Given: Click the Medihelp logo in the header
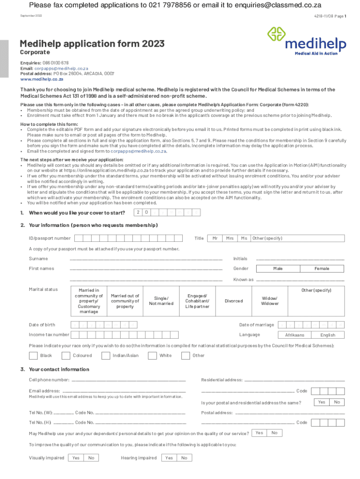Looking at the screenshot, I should tap(306, 41).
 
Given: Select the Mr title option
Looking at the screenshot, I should tap(215, 238).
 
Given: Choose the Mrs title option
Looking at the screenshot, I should tap(230, 238).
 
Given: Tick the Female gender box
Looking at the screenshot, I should tap(322, 269).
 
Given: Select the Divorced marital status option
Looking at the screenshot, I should tap(234, 301).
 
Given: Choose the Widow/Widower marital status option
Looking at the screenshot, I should tap(270, 301).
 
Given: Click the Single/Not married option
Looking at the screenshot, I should tap(161, 301).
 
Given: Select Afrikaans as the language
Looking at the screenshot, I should tap(295, 335).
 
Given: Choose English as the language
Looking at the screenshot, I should tap(328, 335).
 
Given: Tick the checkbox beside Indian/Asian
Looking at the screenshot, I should tap(106, 356).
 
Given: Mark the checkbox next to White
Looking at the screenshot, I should tap(152, 356).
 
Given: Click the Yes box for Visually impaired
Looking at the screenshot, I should tap(76, 458).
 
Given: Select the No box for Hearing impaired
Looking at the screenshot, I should tap(184, 458).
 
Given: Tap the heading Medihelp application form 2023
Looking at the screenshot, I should tap(92, 44).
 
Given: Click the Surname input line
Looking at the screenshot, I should tap(146, 258).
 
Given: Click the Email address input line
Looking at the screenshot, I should tap(124, 391).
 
